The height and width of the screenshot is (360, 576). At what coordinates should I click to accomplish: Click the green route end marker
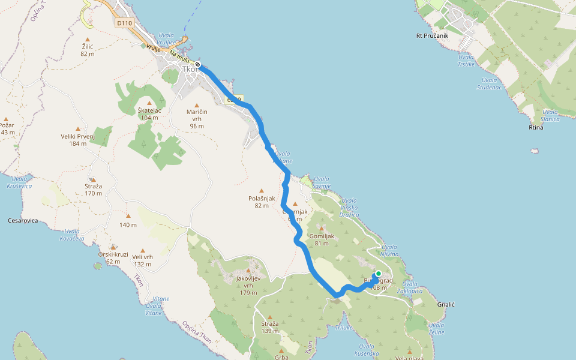pyautogui.click(x=378, y=274)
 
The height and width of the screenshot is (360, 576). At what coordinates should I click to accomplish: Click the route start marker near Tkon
pyautogui.click(x=197, y=65)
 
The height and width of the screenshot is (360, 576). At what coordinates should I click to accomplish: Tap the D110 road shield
pyautogui.click(x=124, y=23)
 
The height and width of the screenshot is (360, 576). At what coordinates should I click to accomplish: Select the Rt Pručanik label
pyautogui.click(x=432, y=35)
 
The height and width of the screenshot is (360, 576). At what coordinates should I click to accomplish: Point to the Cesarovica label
pyautogui.click(x=23, y=220)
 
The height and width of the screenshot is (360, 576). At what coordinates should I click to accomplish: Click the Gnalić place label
pyautogui.click(x=446, y=305)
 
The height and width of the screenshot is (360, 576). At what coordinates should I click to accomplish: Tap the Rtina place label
pyautogui.click(x=536, y=127)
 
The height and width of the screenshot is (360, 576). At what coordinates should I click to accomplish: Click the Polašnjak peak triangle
pyautogui.click(x=261, y=190)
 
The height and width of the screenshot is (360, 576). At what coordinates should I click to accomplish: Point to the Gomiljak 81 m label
pyautogui.click(x=320, y=239)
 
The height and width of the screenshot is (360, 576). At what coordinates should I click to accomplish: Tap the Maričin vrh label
pyautogui.click(x=197, y=118)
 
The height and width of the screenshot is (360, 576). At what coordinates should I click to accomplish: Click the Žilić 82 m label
pyautogui.click(x=88, y=50)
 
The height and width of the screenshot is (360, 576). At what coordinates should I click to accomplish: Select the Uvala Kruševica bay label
pyautogui.click(x=19, y=182)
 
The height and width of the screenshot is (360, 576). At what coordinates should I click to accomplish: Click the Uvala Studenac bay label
pyautogui.click(x=490, y=84)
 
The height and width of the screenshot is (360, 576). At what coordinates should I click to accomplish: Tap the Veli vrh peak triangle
pyautogui.click(x=142, y=250)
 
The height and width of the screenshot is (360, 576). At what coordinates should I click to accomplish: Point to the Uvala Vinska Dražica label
pyautogui.click(x=349, y=207)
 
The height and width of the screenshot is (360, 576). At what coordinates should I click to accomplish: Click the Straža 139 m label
pyautogui.click(x=270, y=327)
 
